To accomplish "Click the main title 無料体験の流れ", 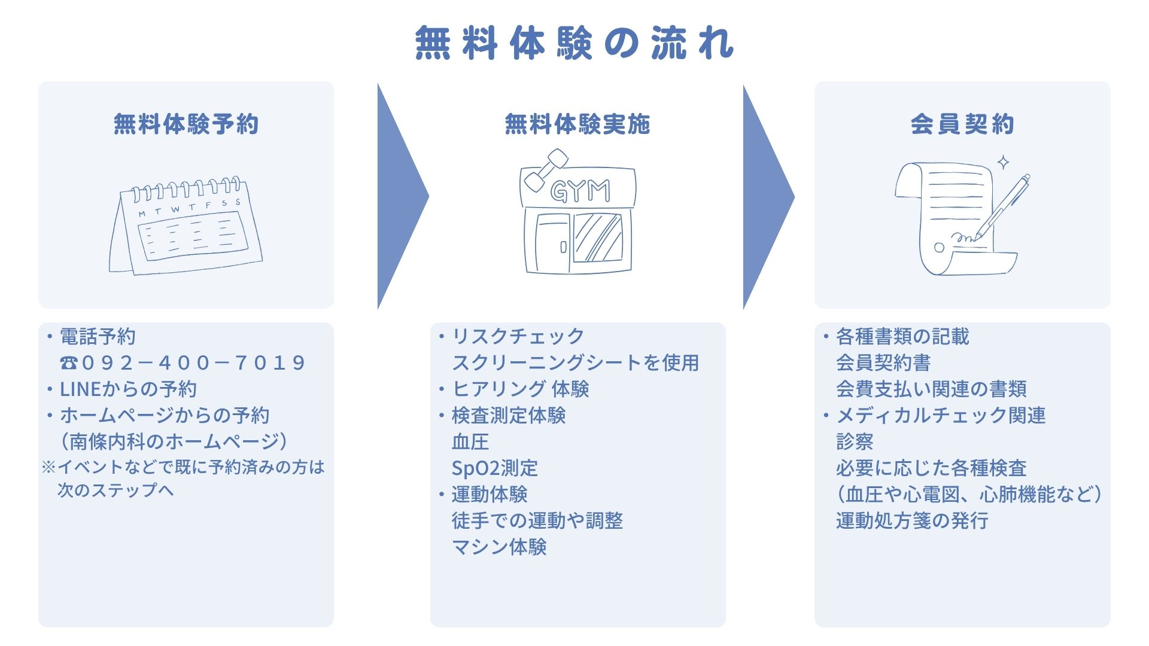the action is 574,43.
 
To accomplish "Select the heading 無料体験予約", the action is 186,124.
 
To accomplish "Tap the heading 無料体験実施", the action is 577,124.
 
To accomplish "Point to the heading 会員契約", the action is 962,124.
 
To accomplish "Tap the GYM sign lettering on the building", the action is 580,191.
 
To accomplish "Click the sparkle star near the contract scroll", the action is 1004,162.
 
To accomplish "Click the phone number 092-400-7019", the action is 193,362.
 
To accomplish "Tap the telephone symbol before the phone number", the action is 69,362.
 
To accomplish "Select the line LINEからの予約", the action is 128,389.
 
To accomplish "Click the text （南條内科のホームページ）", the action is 174,441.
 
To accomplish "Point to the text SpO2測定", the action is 495,468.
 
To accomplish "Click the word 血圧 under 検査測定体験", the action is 470,441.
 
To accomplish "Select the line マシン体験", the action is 499,547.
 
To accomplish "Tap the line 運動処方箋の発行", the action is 912,520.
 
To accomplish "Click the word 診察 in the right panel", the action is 855,441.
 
